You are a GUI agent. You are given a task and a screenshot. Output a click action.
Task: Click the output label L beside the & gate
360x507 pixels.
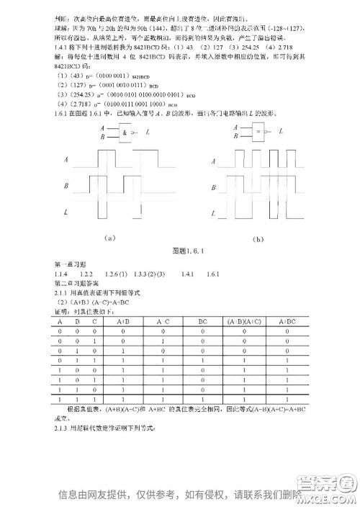coord(148,133)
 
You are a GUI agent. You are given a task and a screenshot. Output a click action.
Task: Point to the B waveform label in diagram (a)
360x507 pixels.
coord(66,187)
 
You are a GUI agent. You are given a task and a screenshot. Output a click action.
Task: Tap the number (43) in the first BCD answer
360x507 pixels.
coord(73,76)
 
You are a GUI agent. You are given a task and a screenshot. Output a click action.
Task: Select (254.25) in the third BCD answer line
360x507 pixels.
coord(78,94)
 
